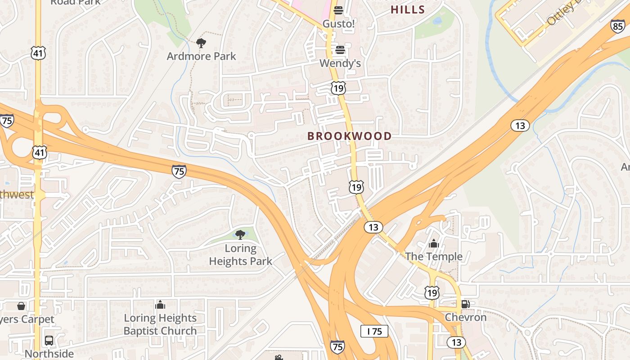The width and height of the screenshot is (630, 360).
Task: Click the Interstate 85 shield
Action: coord(617,26)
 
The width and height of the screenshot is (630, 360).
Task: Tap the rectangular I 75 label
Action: coord(374,332)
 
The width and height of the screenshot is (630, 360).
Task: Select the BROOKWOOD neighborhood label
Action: coord(349,136)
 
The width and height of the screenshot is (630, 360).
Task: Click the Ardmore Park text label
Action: coord(201,56)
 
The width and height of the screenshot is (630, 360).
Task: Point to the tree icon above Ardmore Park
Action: coord(201,43)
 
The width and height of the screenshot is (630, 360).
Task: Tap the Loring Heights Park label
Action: coord(240,255)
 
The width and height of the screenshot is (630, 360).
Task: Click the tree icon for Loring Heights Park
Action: coord(240,234)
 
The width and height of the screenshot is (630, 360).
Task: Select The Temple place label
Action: coord(433,256)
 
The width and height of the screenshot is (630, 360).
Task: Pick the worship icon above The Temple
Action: coord(434,243)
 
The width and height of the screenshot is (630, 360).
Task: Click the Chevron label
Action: coord(466,317)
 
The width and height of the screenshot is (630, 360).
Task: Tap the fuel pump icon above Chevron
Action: coord(466,304)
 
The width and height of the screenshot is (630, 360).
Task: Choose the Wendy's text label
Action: coord(340,63)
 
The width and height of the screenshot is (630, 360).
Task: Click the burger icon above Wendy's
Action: coord(340,49)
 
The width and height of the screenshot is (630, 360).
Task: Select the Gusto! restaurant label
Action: coord(338,23)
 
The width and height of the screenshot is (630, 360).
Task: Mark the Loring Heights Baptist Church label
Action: coord(160,324)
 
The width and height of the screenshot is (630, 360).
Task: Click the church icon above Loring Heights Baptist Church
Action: coord(160,305)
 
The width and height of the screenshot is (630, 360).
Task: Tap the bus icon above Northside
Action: coord(49,341)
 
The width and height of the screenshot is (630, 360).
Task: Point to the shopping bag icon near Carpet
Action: coord(21,306)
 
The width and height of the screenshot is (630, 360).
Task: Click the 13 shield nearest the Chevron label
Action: coord(456,342)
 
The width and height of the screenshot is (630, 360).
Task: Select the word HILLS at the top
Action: coord(408,9)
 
